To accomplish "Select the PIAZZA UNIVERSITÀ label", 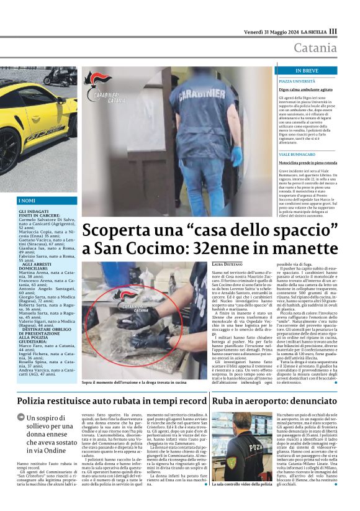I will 297,81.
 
